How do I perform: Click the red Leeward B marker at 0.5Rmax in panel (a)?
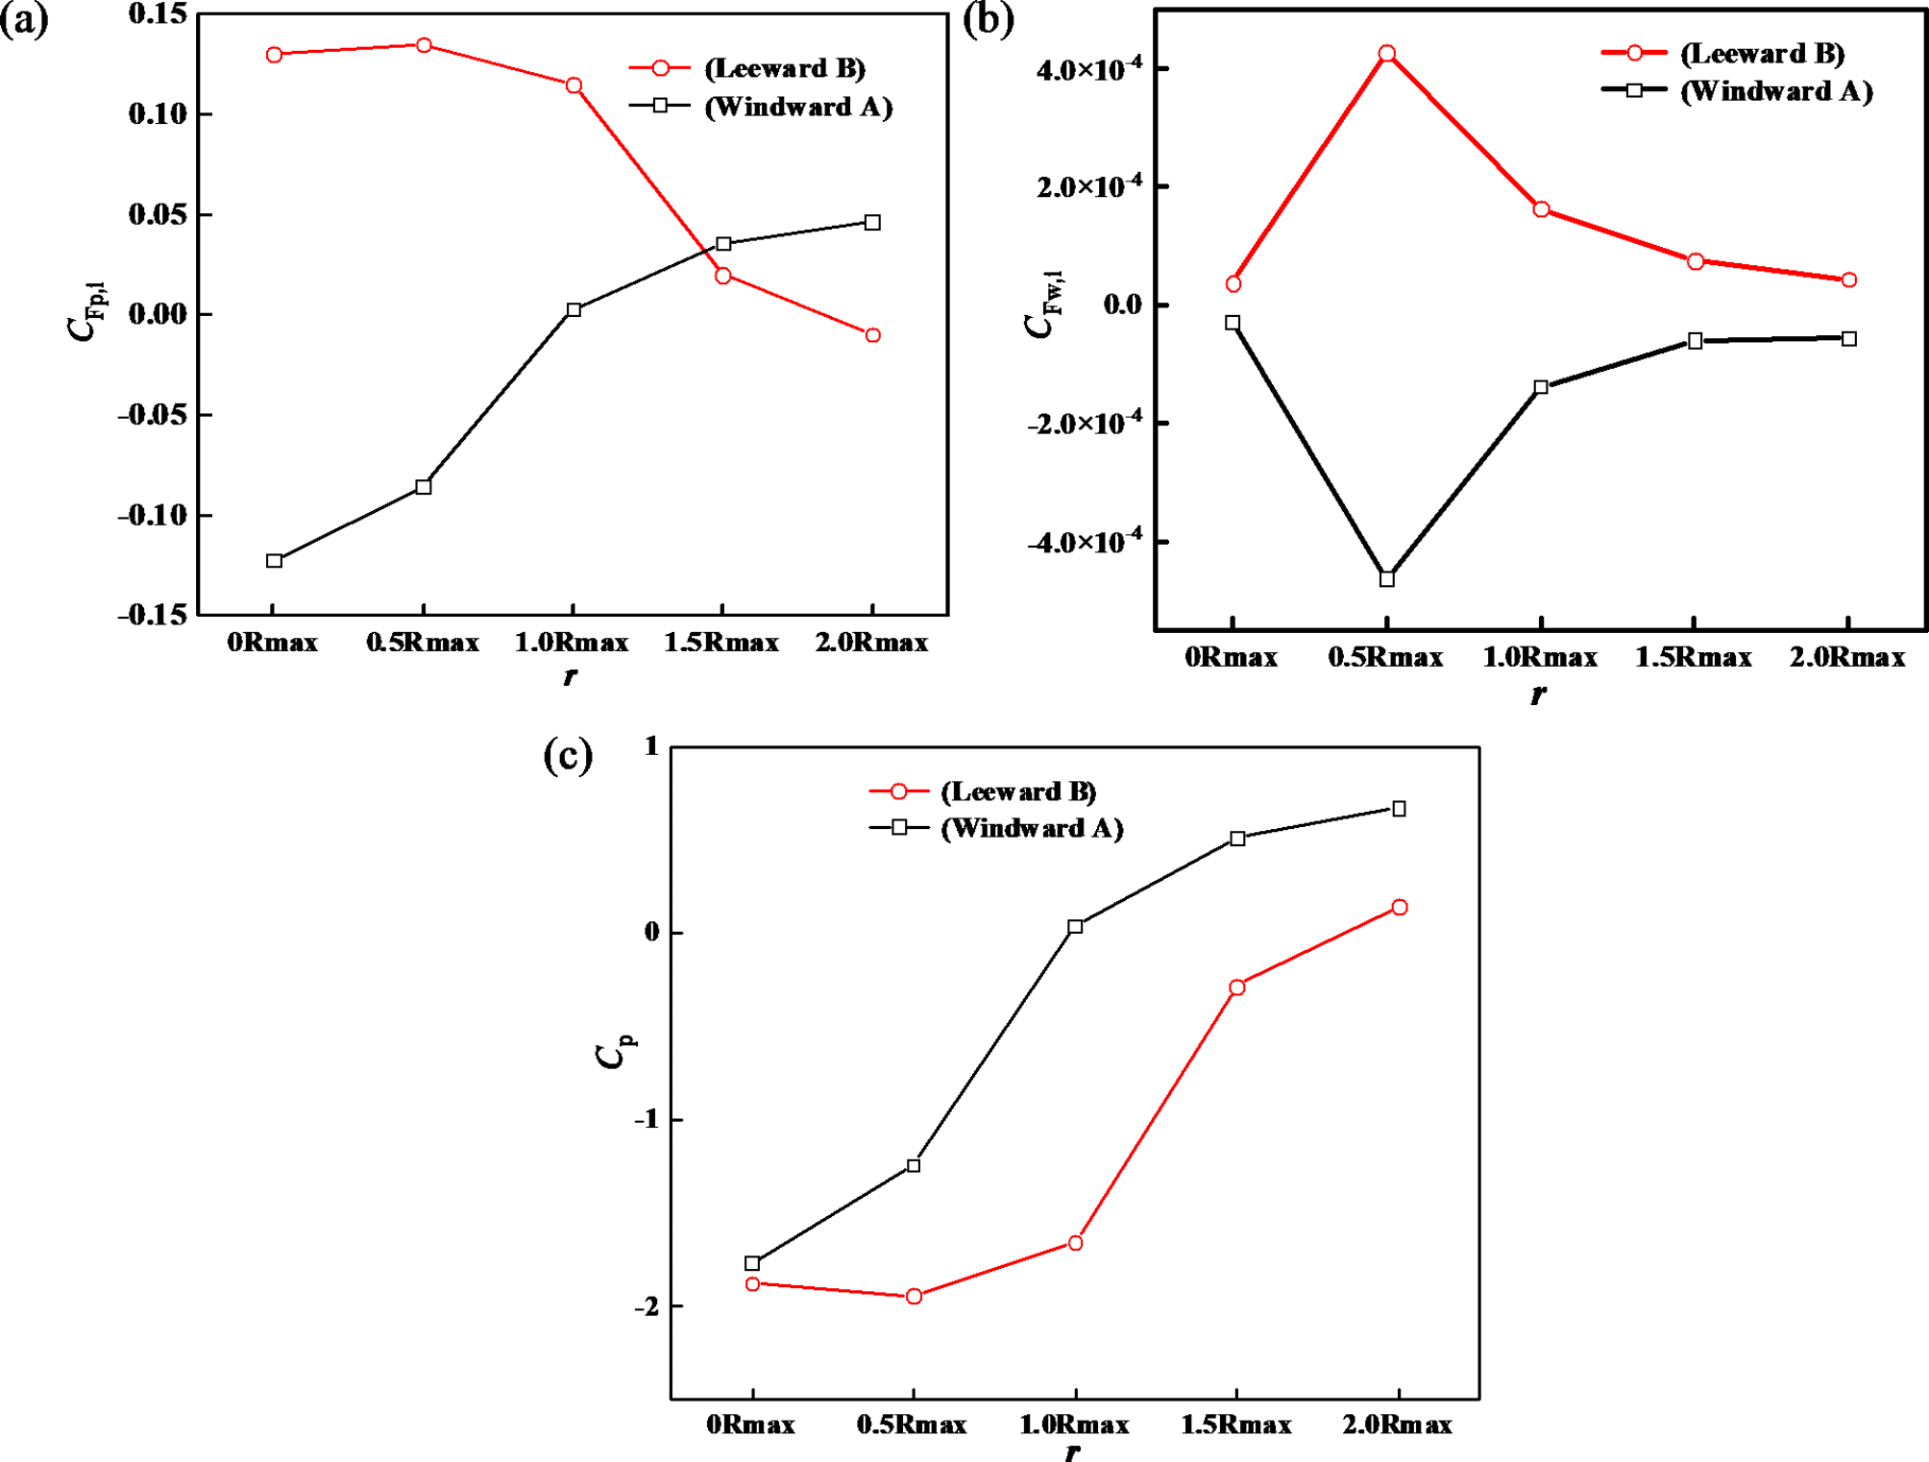424,45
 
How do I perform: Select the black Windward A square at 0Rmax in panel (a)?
275,560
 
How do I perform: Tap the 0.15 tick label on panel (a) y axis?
158,14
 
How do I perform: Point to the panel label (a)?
24,19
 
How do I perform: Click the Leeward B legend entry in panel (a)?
783,68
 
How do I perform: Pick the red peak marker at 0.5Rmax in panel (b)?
1387,54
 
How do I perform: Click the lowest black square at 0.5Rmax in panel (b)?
1387,579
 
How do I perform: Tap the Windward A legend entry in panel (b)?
1775,91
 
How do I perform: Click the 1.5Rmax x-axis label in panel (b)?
1694,657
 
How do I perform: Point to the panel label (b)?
989,19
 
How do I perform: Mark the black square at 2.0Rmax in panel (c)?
1400,809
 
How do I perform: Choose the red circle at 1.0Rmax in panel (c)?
1076,1243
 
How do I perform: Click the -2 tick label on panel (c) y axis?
647,1305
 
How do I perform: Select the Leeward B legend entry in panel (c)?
1017,792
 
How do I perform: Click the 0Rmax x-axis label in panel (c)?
750,1425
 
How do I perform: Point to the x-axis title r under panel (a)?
570,676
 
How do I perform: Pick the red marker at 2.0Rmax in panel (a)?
872,335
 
